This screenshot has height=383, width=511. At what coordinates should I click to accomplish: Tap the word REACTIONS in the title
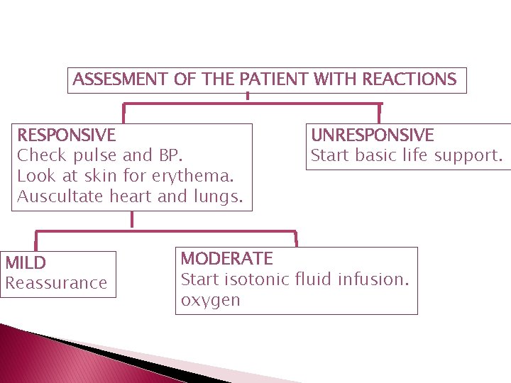click(410, 79)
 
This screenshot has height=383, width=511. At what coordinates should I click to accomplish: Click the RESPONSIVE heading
click(66, 135)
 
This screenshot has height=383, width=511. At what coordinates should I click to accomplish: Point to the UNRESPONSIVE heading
click(373, 135)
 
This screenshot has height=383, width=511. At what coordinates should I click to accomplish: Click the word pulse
click(97, 155)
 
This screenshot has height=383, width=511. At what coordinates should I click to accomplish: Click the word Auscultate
click(61, 196)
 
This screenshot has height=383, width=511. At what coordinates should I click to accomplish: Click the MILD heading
click(26, 263)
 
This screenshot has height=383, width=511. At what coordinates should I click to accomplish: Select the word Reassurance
click(56, 283)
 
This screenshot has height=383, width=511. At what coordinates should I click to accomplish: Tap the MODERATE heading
click(226, 258)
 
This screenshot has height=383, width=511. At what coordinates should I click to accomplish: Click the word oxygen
click(211, 300)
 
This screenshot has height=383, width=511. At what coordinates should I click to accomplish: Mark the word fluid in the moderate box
click(314, 279)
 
